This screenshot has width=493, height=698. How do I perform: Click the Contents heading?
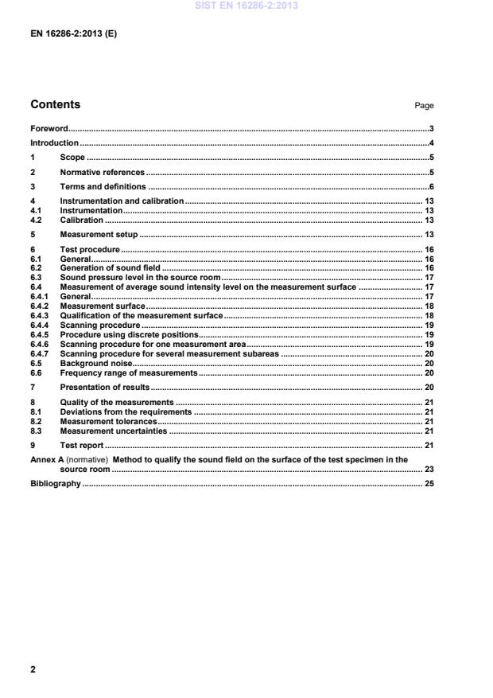(55, 104)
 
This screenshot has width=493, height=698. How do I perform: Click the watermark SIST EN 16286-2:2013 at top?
(246, 6)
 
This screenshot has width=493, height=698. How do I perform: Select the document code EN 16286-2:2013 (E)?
(73, 34)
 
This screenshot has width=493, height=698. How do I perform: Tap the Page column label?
(424, 106)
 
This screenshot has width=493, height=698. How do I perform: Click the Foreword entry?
(49, 128)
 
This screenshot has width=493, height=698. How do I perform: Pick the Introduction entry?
(54, 143)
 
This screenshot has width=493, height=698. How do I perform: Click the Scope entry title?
(72, 158)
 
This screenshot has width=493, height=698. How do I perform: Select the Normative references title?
(102, 172)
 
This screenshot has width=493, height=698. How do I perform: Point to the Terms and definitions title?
(103, 186)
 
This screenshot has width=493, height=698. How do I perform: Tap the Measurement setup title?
(99, 235)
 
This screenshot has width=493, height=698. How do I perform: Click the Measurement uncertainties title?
(114, 431)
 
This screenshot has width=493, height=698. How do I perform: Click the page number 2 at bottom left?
(33, 669)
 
